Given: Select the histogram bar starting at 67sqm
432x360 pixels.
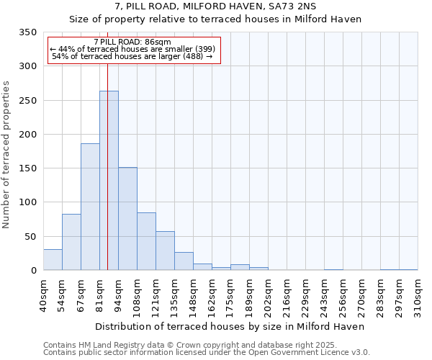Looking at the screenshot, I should [x=90, y=207].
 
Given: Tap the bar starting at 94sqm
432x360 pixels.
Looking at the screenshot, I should [x=127, y=219].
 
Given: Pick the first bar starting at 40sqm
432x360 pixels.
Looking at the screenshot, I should [x=53, y=260].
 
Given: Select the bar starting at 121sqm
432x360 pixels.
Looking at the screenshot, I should [x=165, y=251].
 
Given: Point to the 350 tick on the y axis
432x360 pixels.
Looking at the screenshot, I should [x=27, y=32].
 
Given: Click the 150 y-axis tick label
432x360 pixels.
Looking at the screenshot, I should [x=27, y=168].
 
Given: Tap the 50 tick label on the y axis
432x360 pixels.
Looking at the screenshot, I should [x=30, y=236].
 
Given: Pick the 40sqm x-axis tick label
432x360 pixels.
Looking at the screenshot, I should [x=43, y=295].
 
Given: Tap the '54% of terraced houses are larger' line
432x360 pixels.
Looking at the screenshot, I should [x=132, y=56].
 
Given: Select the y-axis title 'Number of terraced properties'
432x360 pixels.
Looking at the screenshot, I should [x=6, y=155].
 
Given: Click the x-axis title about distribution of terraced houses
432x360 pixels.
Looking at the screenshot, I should [x=230, y=326].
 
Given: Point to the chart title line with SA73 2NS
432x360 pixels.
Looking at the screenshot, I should [x=215, y=6].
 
